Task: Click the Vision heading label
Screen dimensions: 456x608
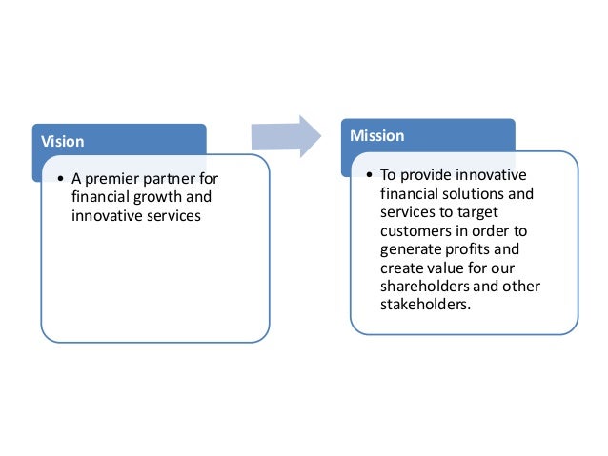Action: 62,141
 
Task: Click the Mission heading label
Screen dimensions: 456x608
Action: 376,136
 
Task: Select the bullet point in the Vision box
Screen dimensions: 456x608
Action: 60,180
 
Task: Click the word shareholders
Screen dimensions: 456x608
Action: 422,286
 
